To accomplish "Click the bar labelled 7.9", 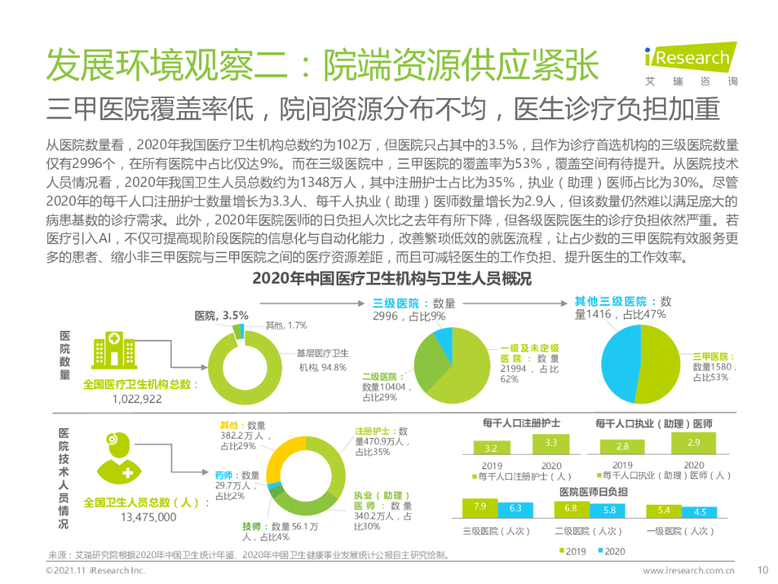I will click(479, 507).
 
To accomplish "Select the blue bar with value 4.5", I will click(699, 512).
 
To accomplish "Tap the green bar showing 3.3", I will click(552, 443).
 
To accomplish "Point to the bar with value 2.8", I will click(622, 446).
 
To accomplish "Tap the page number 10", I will click(764, 570).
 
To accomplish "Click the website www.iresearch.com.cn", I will click(688, 570).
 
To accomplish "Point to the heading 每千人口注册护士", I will click(521, 423).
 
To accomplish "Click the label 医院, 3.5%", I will click(221, 316).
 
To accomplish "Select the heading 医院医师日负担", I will click(593, 491).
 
